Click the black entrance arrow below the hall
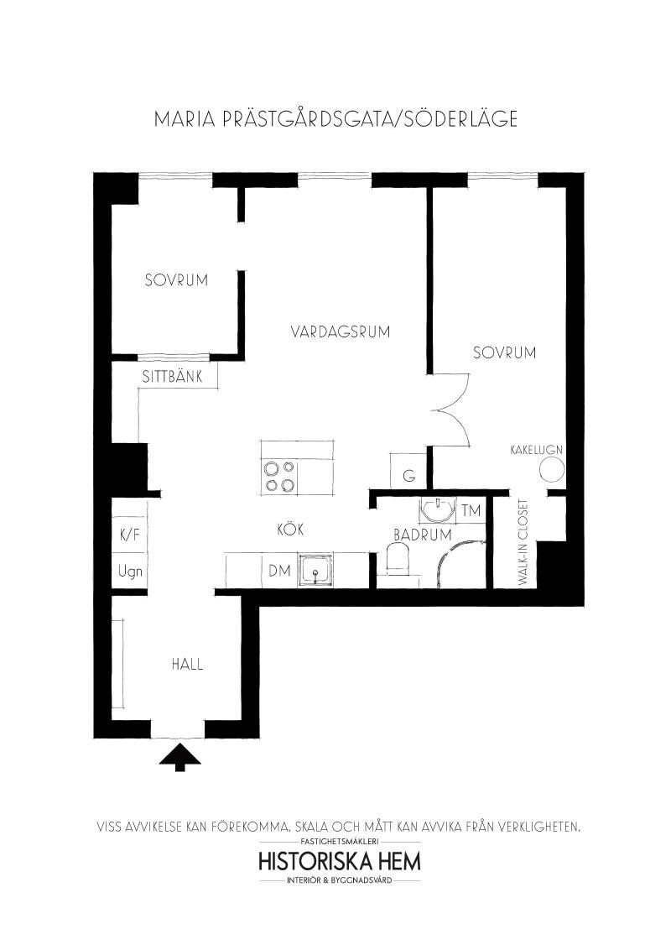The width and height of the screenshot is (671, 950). click(x=179, y=758)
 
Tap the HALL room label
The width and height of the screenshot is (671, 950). click(x=187, y=664)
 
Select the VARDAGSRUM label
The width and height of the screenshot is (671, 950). click(x=340, y=331)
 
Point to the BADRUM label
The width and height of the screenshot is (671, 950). click(x=423, y=535)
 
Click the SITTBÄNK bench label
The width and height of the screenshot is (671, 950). click(x=171, y=376)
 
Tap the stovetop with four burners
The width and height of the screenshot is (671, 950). click(x=279, y=476)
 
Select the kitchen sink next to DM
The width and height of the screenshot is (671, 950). click(x=315, y=570)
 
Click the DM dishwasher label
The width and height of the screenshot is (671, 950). click(x=280, y=570)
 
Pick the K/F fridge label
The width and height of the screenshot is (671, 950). click(x=130, y=535)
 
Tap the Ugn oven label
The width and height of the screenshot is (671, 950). click(x=130, y=572)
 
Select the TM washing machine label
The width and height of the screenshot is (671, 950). click(x=471, y=511)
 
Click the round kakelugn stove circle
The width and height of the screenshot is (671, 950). click(x=552, y=470)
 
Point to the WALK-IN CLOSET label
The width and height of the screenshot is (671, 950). click(x=523, y=541)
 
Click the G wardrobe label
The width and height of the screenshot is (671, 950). click(x=409, y=476)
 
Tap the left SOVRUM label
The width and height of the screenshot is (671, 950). click(x=176, y=280)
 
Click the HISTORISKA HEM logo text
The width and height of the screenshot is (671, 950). click(x=339, y=861)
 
